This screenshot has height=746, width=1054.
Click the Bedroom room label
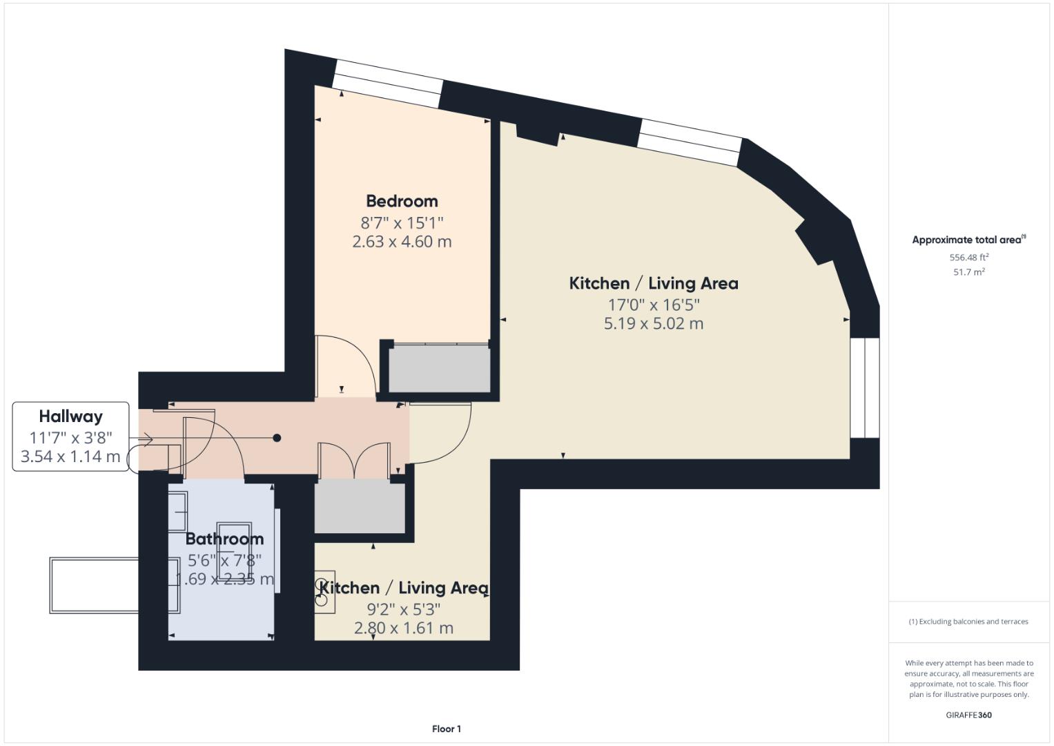pos(402,201)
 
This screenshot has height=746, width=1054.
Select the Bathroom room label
pos(224,539)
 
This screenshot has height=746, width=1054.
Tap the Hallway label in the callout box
pos(70,416)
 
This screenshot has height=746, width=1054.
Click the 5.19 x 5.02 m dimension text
pos(653,323)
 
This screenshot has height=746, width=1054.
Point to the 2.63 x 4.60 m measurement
pos(402,242)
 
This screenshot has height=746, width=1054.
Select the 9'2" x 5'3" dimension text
pos(403,609)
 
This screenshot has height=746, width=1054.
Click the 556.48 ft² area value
pos(968,257)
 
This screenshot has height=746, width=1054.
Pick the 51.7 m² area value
pos(968,272)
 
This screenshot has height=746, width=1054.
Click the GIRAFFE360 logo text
pos(968,715)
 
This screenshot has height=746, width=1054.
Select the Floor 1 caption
pos(446,729)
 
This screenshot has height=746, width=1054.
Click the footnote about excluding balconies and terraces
pos(968,622)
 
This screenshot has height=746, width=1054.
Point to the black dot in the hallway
pos(277,438)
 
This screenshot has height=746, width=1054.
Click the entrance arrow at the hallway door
pos(146,439)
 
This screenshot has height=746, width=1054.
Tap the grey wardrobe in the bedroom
pos(439,369)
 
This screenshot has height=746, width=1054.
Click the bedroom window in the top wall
pos(387,84)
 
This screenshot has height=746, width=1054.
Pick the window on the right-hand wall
pos(865,388)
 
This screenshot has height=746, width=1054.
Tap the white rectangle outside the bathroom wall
pos(94,585)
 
